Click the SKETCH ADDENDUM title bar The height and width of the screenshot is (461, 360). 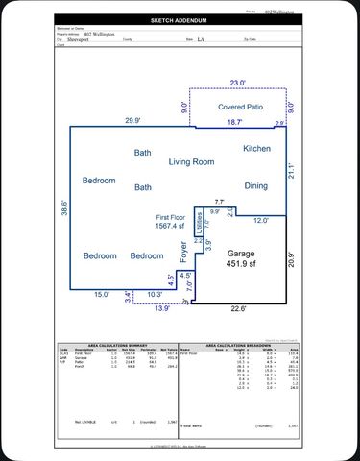pos(180,19)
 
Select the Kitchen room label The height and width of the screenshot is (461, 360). pos(256,149)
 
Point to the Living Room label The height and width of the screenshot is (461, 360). pos(192,162)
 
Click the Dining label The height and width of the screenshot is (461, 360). pos(255,186)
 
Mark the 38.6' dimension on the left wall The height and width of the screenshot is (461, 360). pos(65,207)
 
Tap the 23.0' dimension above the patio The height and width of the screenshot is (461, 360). pos(237,84)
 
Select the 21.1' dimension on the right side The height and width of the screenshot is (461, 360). pos(292,170)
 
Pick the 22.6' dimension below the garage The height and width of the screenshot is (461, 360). pos(237,308)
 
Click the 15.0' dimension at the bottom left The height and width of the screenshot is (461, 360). pos(101,295)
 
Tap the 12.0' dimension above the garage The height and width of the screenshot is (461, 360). pos(260,221)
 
